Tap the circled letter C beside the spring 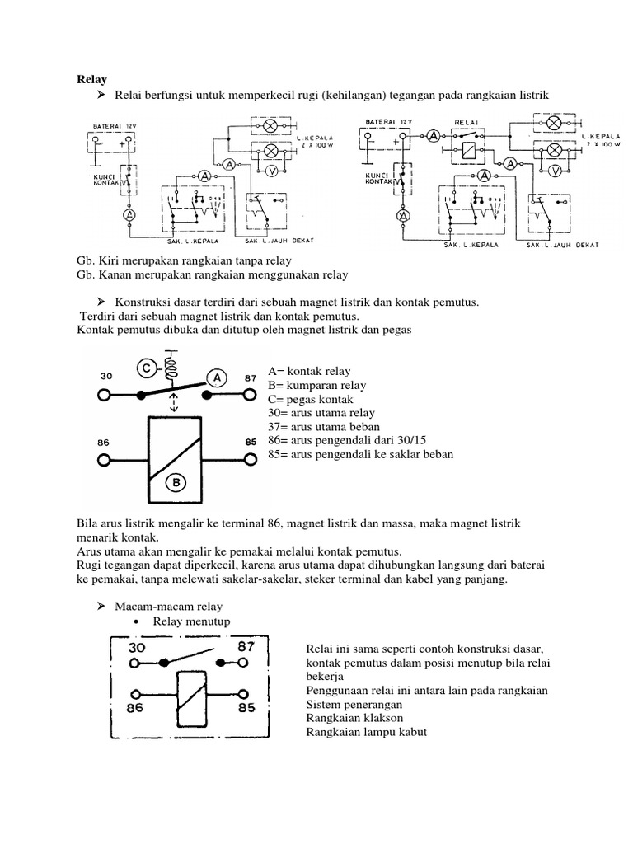click(144, 368)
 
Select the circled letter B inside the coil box click(174, 482)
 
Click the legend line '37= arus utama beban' click(324, 427)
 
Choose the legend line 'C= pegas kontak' click(314, 399)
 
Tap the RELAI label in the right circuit click(467, 122)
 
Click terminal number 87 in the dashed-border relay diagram click(246, 648)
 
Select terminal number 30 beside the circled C click(105, 375)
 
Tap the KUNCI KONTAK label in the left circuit click(107, 181)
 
